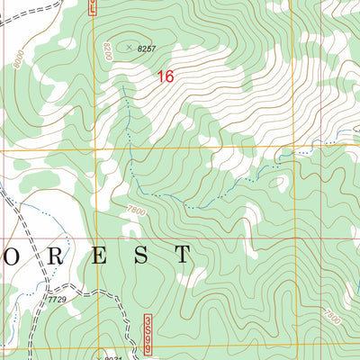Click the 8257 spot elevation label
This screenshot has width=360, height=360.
tap(147, 47)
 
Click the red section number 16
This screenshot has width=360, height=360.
tap(165, 77)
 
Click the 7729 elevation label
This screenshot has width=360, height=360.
tap(58, 299)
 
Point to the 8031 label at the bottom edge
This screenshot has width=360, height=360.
tap(112, 357)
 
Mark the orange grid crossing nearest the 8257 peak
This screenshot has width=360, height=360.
tap(94, 148)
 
